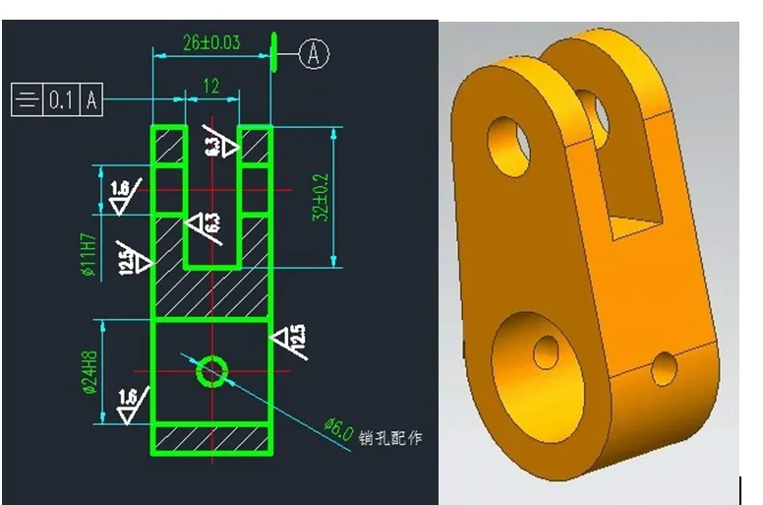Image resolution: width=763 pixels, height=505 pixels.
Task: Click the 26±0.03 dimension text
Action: point(211,42)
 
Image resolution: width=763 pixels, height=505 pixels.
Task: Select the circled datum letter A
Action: point(314,54)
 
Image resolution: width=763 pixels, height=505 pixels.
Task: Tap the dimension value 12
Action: point(210,87)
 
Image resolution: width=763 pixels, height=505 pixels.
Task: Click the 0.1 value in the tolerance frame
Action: point(61,100)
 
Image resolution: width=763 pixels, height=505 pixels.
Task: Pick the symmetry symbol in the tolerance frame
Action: point(28,100)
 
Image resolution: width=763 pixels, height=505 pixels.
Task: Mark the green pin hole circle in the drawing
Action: point(211,371)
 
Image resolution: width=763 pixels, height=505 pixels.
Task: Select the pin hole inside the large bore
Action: point(544,350)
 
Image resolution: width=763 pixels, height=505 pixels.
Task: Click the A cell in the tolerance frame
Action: point(91,100)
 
